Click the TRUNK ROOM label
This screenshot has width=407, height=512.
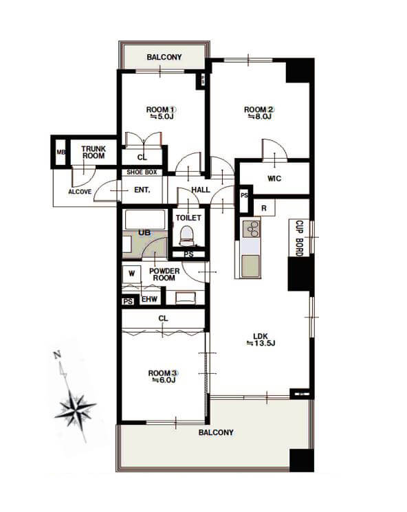(x=93, y=152)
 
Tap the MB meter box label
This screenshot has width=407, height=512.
(x=61, y=152)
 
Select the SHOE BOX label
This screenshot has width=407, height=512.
(x=142, y=172)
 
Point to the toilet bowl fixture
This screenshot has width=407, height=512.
(x=188, y=236)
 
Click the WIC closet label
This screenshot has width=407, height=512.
(x=274, y=179)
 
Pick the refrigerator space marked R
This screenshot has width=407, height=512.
(x=264, y=208)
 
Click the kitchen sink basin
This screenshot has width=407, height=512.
(x=250, y=266)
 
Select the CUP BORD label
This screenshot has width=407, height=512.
(x=299, y=238)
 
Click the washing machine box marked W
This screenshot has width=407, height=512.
(x=131, y=274)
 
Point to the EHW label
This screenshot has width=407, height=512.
(x=150, y=299)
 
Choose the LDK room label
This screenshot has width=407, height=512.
(x=261, y=336)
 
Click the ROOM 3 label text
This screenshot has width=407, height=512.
(x=163, y=373)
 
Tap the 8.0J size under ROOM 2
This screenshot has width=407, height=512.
(x=260, y=117)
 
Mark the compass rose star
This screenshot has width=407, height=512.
(x=76, y=408)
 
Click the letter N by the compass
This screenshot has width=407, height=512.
(x=58, y=355)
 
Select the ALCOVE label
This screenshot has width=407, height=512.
(x=80, y=192)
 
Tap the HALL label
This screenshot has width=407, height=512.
(x=201, y=190)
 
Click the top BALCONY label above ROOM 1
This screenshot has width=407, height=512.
(x=164, y=57)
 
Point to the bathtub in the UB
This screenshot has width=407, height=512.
(x=144, y=220)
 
